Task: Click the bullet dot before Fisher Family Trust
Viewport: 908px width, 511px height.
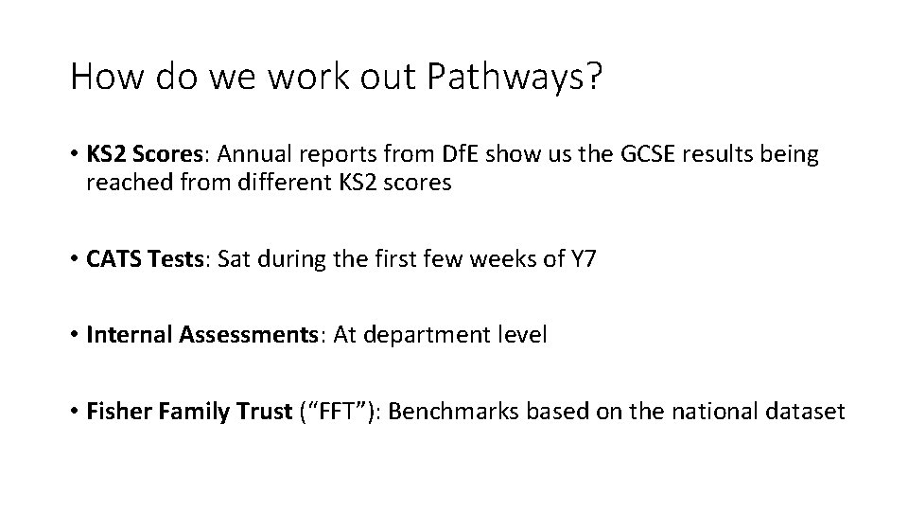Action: pyautogui.click(x=74, y=413)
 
